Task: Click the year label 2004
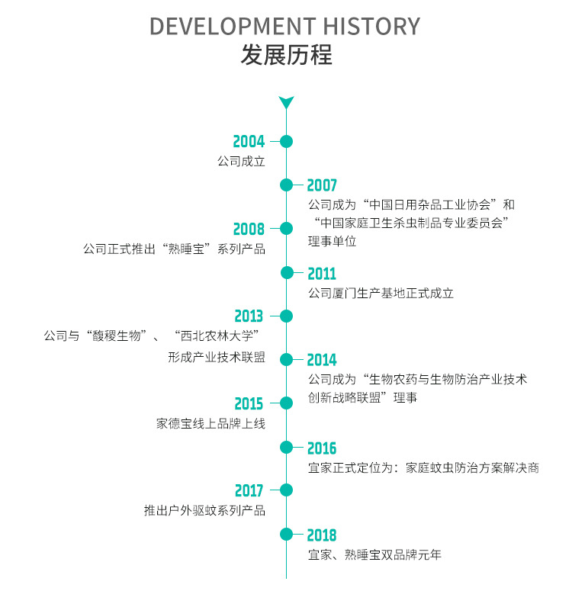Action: [249, 141]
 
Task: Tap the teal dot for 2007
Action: [286, 185]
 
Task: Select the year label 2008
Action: [249, 229]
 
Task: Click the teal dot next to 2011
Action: [286, 273]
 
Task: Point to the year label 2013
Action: [249, 316]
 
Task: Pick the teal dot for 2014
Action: [286, 360]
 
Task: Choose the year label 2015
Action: [249, 404]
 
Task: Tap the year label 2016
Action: [321, 448]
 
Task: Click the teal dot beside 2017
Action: [286, 491]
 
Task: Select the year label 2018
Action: [321, 535]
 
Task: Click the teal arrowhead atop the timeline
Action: [286, 102]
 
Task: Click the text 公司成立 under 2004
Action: [240, 162]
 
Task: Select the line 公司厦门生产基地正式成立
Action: [381, 293]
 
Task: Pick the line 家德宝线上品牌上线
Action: [210, 424]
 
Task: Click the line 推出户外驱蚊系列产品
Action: [204, 511]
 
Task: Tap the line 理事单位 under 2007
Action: [332, 242]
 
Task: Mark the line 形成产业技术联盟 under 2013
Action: [217, 357]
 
